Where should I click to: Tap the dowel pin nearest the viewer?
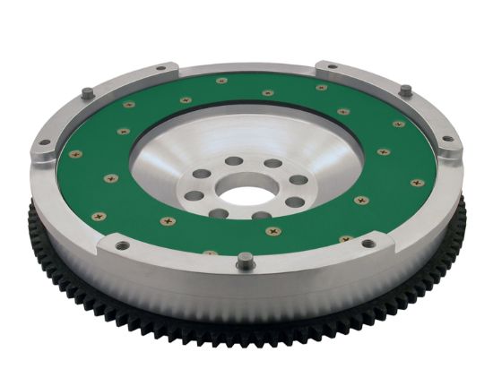(245, 261)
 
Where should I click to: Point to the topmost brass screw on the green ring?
(221, 81)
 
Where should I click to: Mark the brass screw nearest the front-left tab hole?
(99, 216)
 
